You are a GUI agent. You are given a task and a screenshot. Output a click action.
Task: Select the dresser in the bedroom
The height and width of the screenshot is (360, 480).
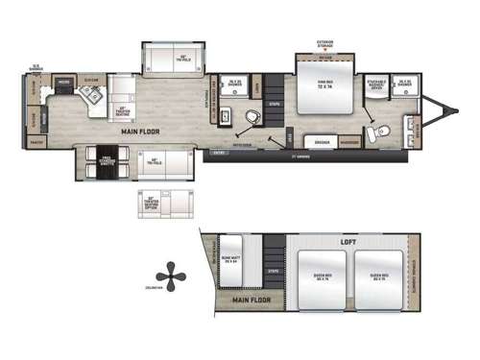click(x=323, y=141)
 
